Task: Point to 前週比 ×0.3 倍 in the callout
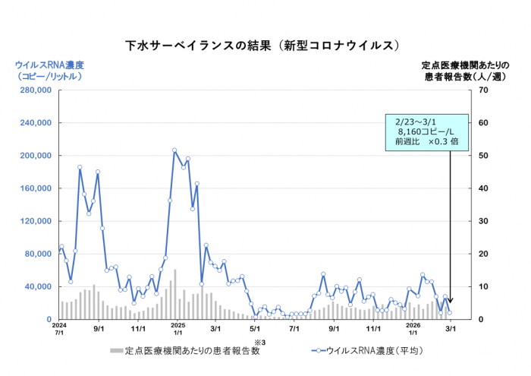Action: coord(426,141)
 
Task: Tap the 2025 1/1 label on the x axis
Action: coord(176,330)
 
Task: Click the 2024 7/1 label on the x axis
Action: coord(59,330)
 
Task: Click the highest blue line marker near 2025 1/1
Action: coord(174,150)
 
